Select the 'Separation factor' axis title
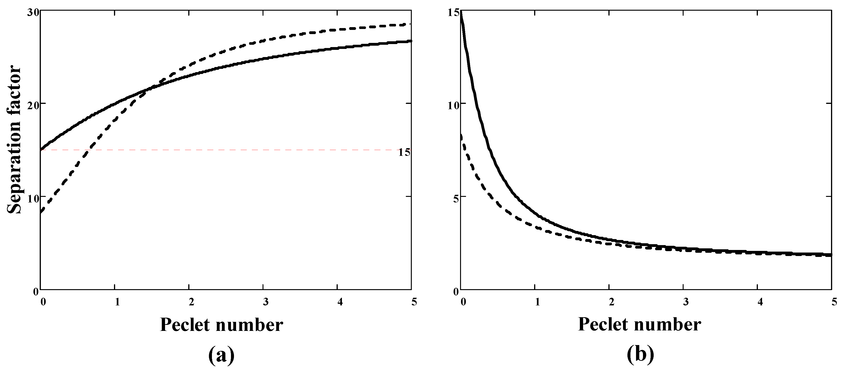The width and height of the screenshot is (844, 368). click(x=14, y=139)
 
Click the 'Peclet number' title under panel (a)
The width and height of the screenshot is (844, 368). click(x=221, y=325)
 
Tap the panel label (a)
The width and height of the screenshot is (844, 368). click(x=221, y=355)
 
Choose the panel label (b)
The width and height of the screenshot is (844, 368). click(x=640, y=355)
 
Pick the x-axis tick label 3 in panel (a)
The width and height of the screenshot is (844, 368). click(x=265, y=301)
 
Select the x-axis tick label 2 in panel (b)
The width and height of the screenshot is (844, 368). click(x=611, y=301)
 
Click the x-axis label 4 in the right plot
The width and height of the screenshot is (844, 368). click(x=760, y=301)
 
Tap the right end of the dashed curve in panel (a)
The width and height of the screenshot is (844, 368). click(x=409, y=24)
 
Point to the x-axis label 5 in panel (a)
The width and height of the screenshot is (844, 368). click(x=414, y=301)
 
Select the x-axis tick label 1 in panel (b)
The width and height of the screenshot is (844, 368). click(x=537, y=301)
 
